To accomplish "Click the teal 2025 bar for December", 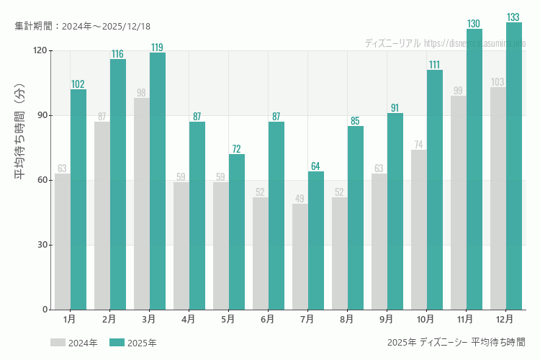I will (x=514, y=166).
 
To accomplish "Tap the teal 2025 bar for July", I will (x=316, y=240).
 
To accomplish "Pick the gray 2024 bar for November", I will (x=459, y=202).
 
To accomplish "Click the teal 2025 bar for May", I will (x=237, y=232).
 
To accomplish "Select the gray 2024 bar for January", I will (x=63, y=241).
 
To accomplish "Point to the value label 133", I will (x=513, y=17).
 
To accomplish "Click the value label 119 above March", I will (x=157, y=48).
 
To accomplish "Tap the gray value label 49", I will (x=300, y=199).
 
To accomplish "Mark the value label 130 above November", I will (x=474, y=24).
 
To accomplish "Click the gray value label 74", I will (x=419, y=145).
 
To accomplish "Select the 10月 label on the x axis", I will (x=426, y=318).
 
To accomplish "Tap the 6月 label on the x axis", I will (x=267, y=318).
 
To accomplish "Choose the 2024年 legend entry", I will (x=74, y=343).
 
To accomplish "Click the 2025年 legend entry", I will (x=133, y=343).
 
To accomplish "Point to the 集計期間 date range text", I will (x=83, y=26).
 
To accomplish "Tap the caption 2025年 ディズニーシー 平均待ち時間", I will (x=456, y=342).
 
